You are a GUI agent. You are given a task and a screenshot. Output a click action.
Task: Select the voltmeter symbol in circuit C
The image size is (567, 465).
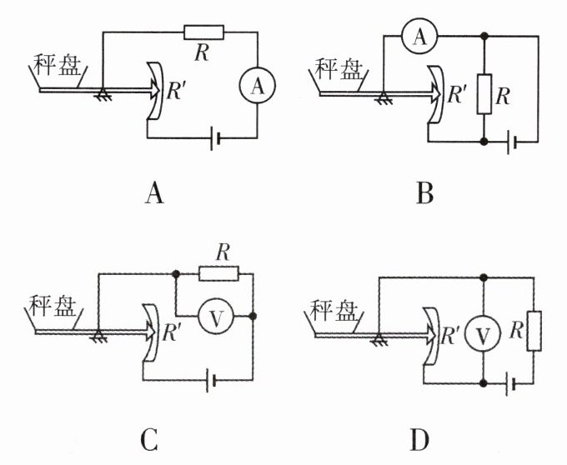214,317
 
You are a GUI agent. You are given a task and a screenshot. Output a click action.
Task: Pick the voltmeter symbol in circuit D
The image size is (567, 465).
484,334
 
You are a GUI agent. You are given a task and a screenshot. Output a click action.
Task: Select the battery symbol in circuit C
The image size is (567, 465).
213,381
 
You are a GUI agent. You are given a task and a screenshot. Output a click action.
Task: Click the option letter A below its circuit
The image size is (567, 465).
153,194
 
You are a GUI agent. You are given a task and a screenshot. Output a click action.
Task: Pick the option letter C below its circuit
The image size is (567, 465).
151,437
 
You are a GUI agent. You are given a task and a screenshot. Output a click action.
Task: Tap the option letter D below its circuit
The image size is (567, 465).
425,437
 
